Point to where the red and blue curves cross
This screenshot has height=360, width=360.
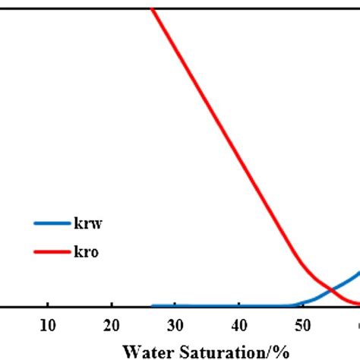pos(331,289)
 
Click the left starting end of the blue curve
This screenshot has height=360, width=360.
pos(153,305)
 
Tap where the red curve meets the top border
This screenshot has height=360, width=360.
pos(152,9)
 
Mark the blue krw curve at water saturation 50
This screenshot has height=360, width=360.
pos(302,303)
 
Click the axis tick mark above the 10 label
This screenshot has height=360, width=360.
pos(47,304)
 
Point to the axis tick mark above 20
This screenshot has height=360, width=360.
pos(111,304)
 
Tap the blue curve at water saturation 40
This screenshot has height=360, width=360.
pos(238,305)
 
